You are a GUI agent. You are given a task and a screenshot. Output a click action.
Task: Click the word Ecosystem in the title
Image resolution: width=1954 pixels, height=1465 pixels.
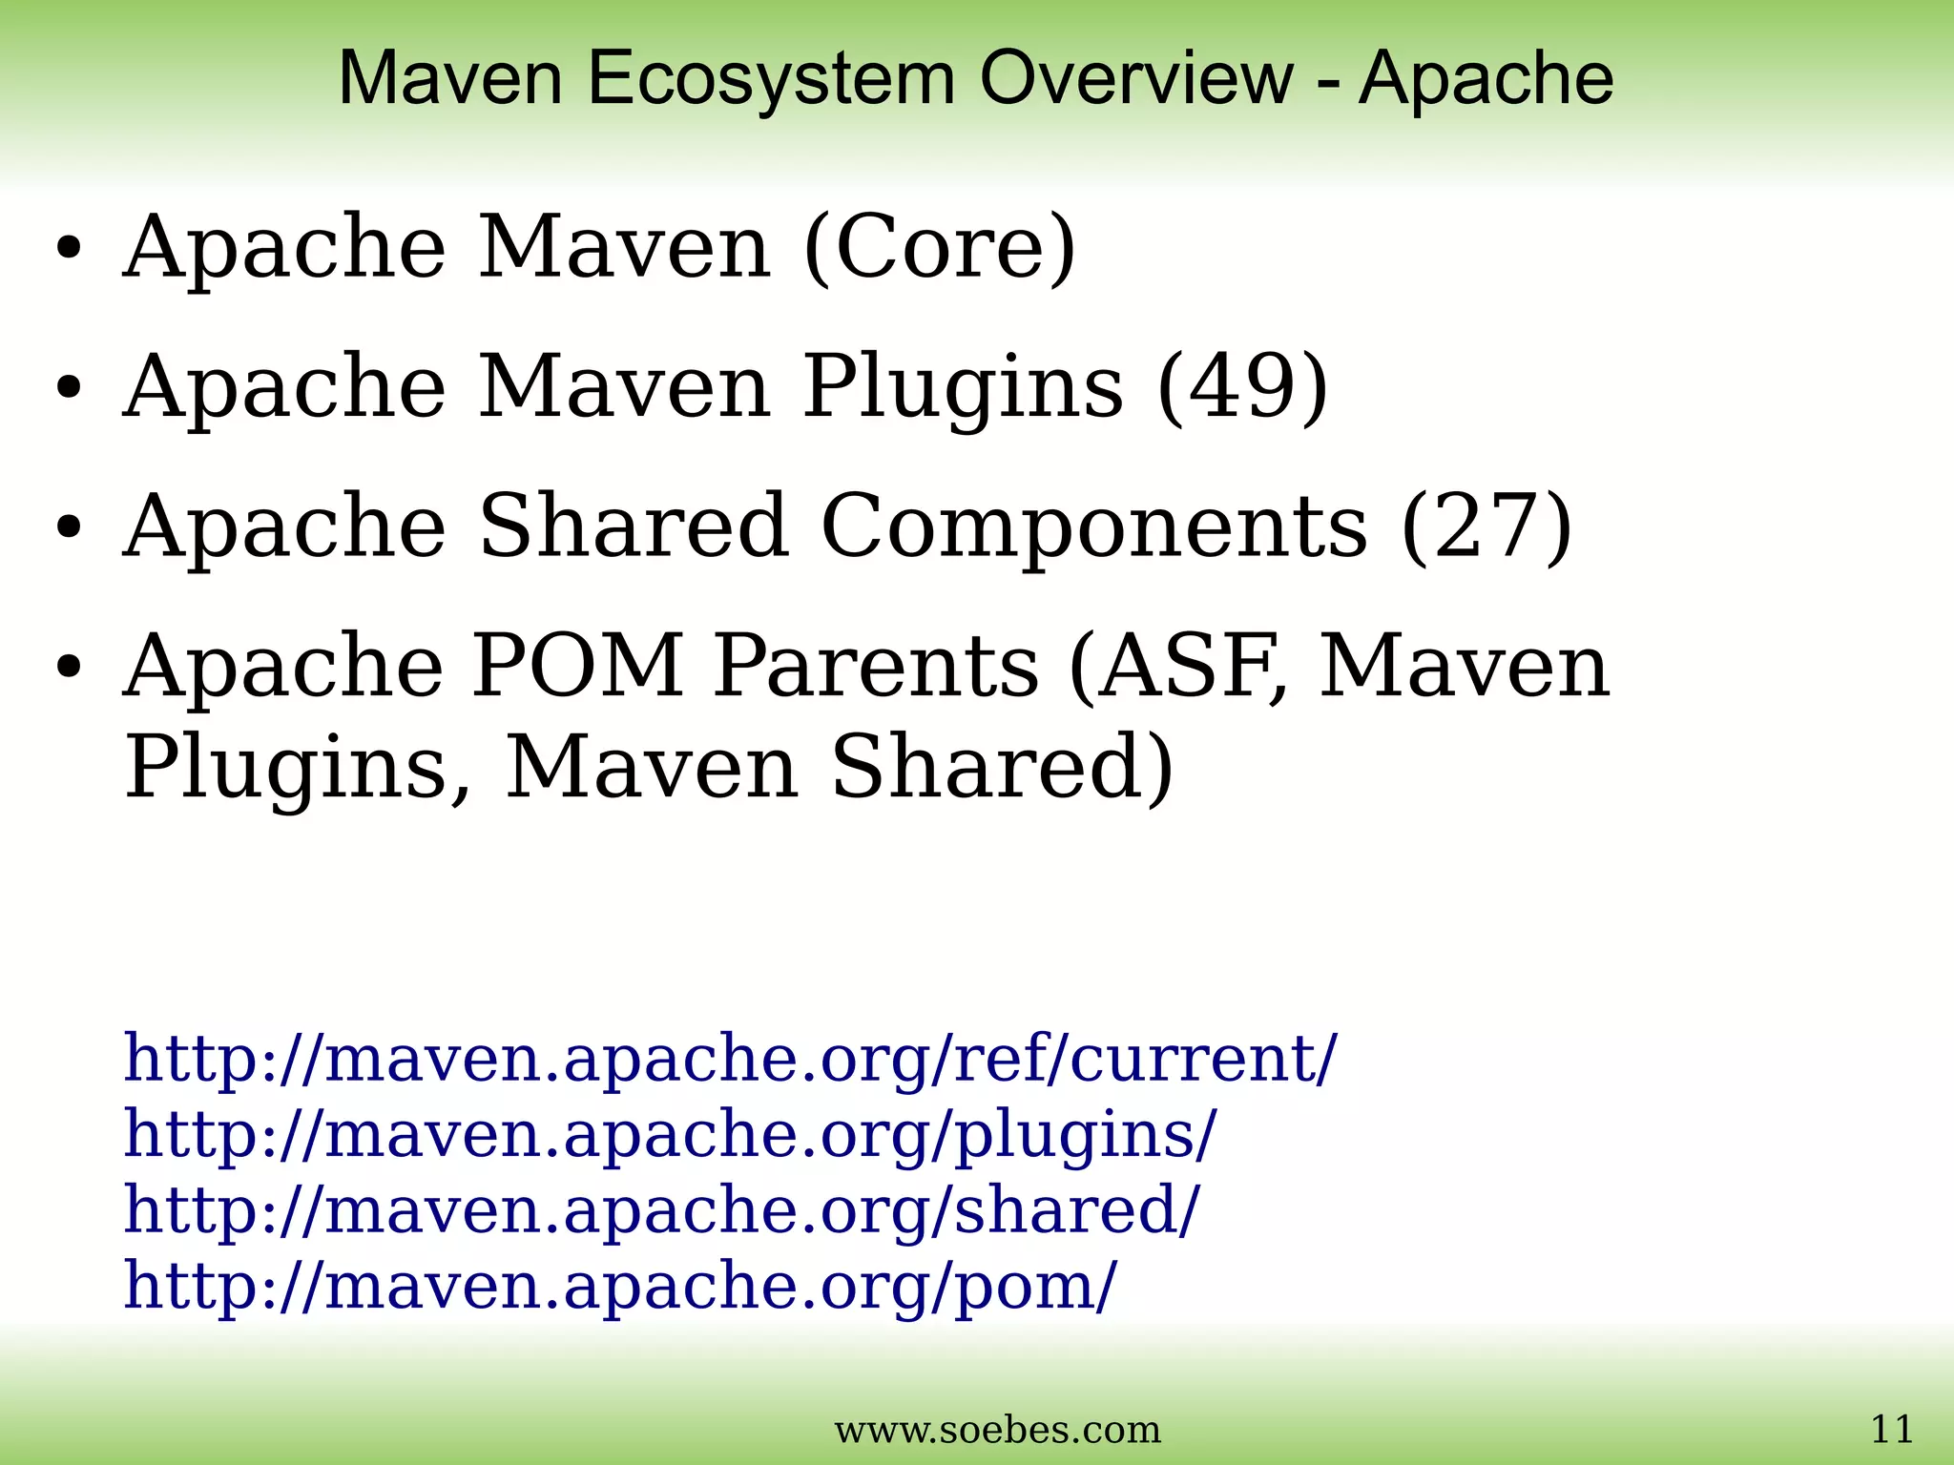pyautogui.click(x=771, y=78)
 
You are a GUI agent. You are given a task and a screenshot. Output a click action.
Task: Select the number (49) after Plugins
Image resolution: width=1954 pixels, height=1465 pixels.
pyautogui.click(x=1242, y=386)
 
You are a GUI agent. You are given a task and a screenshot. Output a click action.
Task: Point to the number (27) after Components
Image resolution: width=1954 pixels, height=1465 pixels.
pyautogui.click(x=1486, y=526)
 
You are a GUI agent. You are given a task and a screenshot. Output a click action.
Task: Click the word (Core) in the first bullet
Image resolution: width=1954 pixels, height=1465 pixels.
pyautogui.click(x=940, y=247)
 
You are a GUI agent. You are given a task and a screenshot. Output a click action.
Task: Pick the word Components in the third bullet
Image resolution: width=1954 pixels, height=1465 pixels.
pyautogui.click(x=1093, y=527)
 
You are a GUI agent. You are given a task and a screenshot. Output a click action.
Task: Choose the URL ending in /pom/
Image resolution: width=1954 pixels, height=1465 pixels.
pyautogui.click(x=619, y=1286)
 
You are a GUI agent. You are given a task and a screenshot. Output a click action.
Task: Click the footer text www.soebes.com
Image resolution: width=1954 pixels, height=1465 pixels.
pyautogui.click(x=997, y=1431)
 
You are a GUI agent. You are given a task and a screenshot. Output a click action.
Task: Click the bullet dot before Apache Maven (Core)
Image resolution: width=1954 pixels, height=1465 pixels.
pyautogui.click(x=69, y=250)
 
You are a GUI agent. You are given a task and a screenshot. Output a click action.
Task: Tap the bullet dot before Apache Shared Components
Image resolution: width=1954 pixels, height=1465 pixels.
pyautogui.click(x=69, y=528)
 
